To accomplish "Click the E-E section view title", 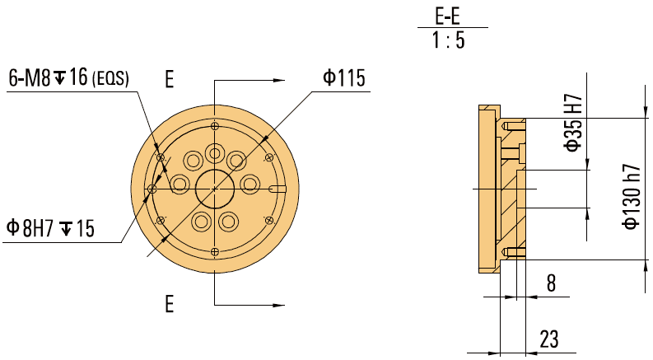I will [449, 16].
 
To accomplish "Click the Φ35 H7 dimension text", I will [573, 122].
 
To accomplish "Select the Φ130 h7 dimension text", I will [631, 199].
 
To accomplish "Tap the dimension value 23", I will [550, 338].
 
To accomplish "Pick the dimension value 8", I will [551, 283].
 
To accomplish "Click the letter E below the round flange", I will [169, 305].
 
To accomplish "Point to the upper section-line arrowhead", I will [278, 81].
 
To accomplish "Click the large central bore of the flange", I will [214, 189].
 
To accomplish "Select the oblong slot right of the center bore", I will [277, 189].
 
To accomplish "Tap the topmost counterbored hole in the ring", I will [215, 153].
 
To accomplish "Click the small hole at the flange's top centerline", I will [215, 125].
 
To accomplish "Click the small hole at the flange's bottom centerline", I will [215, 251].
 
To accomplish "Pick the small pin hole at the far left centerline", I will [152, 189].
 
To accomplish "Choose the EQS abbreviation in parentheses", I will [112, 80].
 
